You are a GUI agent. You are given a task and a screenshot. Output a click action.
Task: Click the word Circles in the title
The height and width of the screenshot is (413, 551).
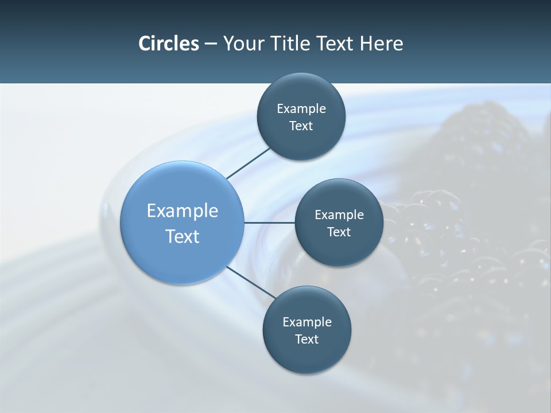click(x=168, y=44)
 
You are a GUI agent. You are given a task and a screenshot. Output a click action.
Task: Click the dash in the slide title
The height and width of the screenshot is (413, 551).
click(x=210, y=44)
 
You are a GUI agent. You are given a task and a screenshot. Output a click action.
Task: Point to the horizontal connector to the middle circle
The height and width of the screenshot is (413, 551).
click(x=269, y=223)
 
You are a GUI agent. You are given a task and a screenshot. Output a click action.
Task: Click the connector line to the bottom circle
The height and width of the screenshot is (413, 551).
click(x=250, y=283)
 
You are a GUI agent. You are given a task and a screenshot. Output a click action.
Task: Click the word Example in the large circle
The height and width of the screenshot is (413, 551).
click(x=183, y=211)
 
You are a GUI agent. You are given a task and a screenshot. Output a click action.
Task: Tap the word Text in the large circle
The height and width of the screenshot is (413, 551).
click(x=183, y=236)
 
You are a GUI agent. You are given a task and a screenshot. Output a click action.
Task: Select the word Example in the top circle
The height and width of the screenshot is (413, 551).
click(x=301, y=109)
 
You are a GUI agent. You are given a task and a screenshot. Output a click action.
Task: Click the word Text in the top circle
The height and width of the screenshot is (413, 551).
click(x=301, y=126)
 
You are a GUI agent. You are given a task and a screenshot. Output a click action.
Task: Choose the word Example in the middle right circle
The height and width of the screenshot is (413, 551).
click(x=339, y=215)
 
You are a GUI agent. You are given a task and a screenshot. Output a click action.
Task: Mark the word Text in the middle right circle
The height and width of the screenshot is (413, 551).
click(x=339, y=232)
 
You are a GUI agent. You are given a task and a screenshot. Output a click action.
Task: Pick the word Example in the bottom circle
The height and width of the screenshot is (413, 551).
click(x=307, y=322)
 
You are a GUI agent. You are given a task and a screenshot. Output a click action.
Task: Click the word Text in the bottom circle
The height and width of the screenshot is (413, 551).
click(x=306, y=340)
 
